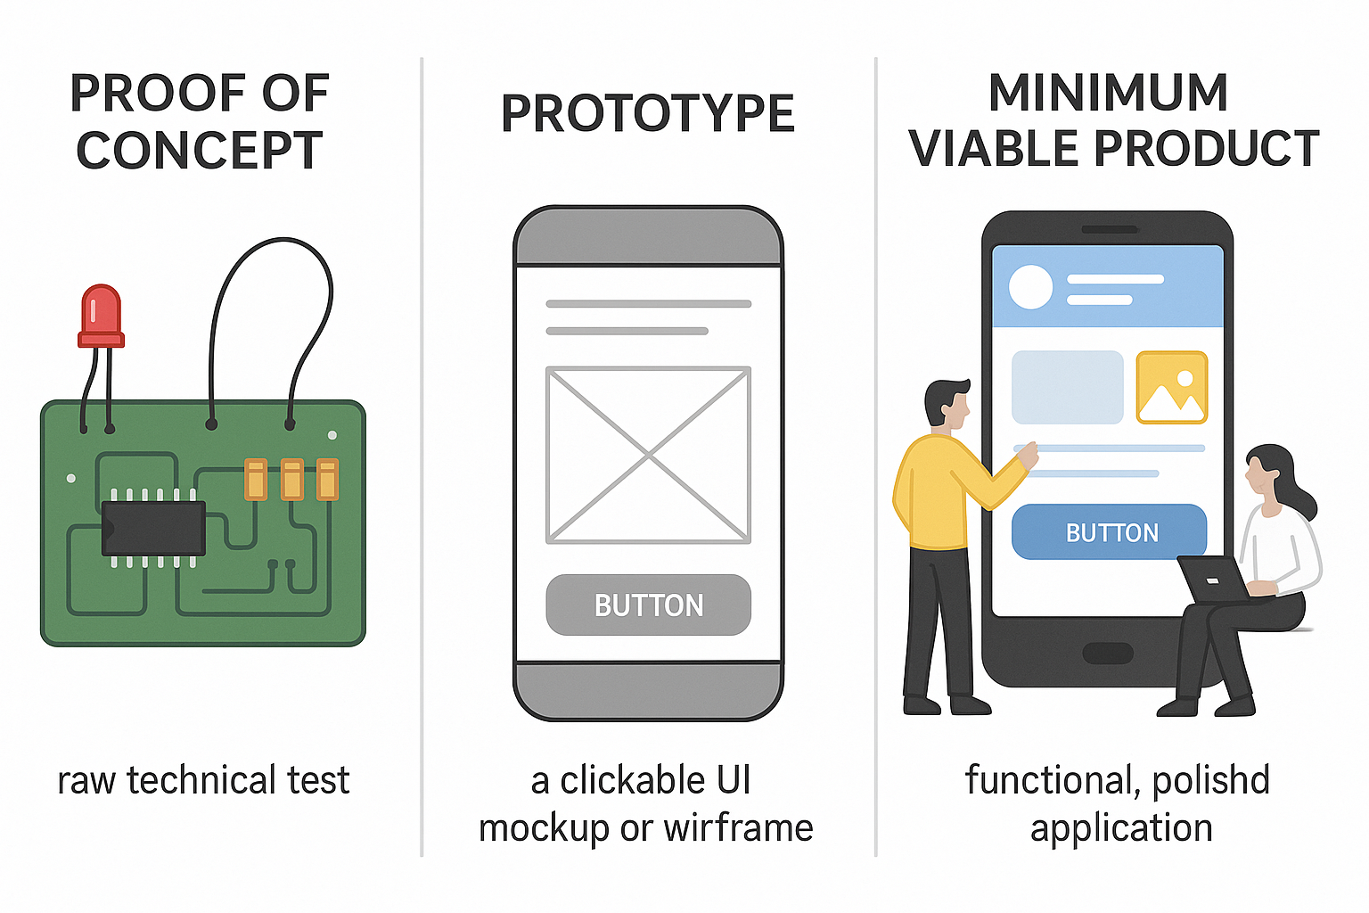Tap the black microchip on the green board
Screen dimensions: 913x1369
153,528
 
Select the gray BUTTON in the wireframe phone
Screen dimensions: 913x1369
648,605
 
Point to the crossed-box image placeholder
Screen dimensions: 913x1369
648,455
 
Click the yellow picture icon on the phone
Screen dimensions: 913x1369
1171,387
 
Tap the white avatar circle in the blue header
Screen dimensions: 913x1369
1030,287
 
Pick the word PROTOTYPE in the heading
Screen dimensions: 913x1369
647,114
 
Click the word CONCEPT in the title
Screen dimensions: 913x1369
199,152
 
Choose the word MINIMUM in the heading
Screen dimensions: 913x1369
1108,93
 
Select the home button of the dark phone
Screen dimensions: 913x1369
1107,653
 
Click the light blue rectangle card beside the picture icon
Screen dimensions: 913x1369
1067,387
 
